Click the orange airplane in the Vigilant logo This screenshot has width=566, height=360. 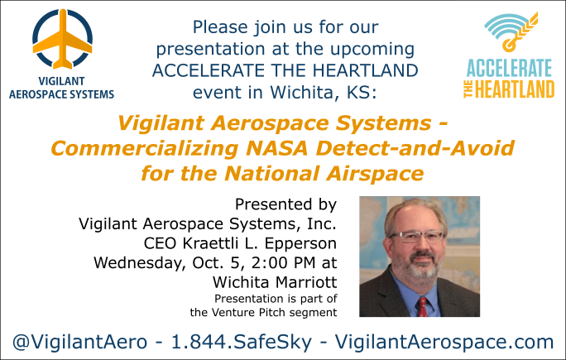tap(62, 40)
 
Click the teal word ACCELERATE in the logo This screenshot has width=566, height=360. tap(510, 68)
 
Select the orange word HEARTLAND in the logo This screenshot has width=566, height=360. tap(515, 89)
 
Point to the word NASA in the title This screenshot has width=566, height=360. tap(276, 148)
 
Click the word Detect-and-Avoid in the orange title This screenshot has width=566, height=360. tap(415, 148)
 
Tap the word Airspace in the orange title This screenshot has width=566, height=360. tap(375, 173)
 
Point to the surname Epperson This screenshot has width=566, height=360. tap(300, 244)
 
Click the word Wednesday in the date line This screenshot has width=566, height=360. tap(140, 263)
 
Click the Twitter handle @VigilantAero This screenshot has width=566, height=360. tap(79, 342)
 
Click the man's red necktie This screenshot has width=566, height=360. tap(422, 307)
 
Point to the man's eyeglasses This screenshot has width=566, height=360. tap(418, 237)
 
